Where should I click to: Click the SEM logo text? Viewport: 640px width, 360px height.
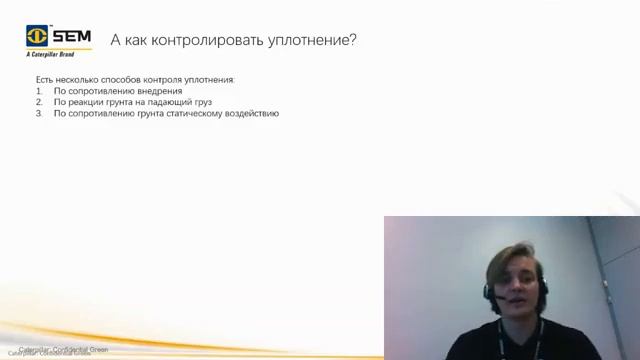(72, 37)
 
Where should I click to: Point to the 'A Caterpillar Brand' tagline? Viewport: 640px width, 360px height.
(51, 57)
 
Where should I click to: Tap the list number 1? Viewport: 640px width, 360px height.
(38, 90)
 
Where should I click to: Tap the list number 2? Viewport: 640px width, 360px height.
(38, 102)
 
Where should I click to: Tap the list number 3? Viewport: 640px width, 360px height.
(38, 114)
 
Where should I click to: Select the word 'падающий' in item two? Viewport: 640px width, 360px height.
(173, 102)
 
